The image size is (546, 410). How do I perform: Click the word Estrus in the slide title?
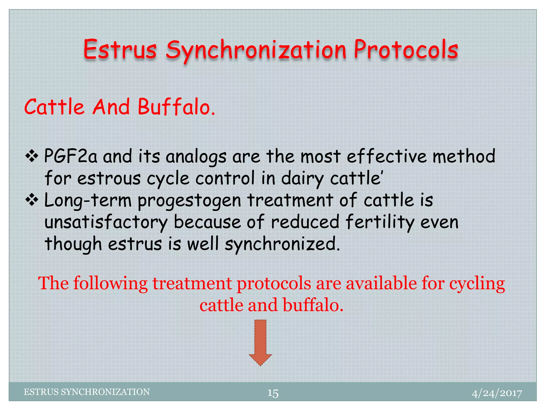(120, 50)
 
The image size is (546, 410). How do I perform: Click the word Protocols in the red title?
(406, 50)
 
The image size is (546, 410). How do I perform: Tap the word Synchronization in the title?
(256, 51)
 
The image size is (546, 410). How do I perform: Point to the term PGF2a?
(71, 156)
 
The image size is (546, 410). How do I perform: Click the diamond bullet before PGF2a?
(32, 156)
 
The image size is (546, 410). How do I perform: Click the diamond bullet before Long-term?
(32, 200)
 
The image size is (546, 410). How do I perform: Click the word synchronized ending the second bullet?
(282, 245)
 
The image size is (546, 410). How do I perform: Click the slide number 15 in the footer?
(273, 393)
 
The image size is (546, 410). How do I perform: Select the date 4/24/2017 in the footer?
(497, 393)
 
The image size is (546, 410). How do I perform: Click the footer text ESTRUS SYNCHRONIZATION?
(87, 392)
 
